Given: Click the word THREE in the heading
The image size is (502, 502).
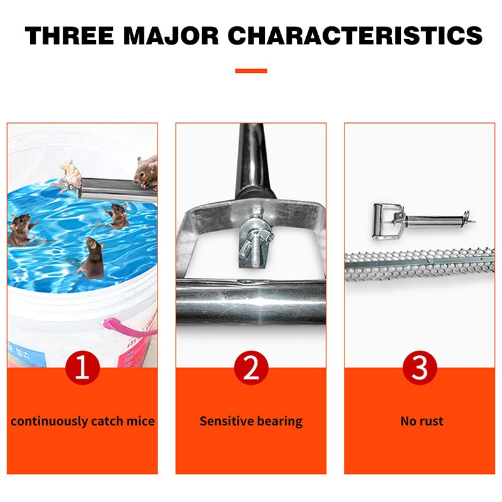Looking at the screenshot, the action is pyautogui.click(x=69, y=35).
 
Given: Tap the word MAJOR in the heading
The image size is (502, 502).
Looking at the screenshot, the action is pyautogui.click(x=171, y=35).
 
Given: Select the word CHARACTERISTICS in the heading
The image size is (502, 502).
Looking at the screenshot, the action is pyautogui.click(x=355, y=35).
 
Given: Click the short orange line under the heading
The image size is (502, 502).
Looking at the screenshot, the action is pyautogui.click(x=251, y=71).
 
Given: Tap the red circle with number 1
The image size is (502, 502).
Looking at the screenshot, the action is pyautogui.click(x=83, y=368).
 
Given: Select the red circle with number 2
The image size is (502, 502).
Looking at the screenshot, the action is pyautogui.click(x=251, y=368).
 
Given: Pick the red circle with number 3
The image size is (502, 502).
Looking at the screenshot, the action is pyautogui.click(x=420, y=368).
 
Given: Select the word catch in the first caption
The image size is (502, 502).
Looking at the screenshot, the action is pyautogui.click(x=107, y=421).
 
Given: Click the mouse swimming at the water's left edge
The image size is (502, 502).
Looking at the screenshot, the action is pyautogui.click(x=21, y=230).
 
